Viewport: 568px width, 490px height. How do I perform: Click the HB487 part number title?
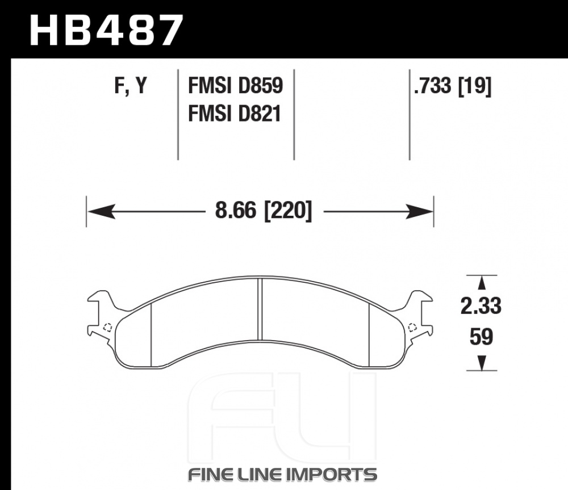coord(106,31)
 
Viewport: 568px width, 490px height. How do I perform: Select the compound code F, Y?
coord(131,86)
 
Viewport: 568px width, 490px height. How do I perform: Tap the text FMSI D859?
coord(236,86)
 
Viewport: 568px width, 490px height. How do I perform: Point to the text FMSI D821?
coord(235,114)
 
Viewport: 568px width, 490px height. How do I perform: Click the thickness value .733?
coord(433,86)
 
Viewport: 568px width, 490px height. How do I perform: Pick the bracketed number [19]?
coord(475,86)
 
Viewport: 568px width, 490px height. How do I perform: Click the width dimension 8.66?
coord(236,211)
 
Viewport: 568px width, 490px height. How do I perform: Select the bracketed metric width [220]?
coord(289,211)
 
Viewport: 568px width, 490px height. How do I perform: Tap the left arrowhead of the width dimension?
coord(102,211)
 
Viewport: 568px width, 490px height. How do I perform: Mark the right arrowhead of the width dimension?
coord(419,211)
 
